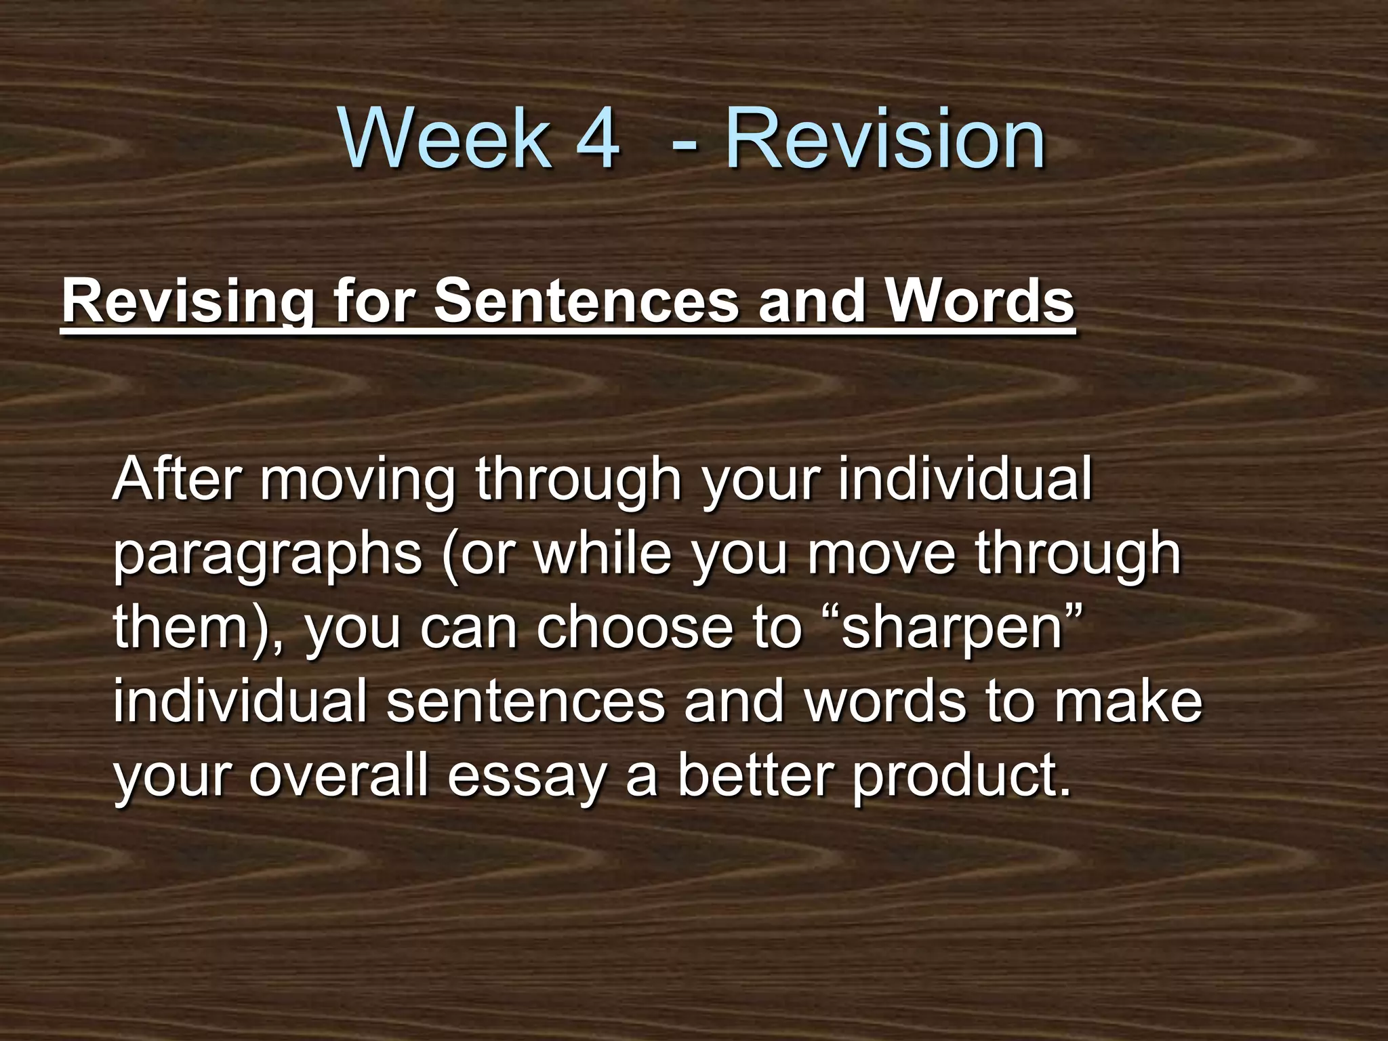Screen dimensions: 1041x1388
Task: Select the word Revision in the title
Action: pos(885,141)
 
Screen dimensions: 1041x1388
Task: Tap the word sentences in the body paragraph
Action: pos(525,702)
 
